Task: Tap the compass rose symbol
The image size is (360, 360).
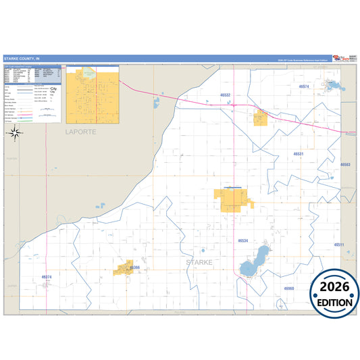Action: [x=14, y=132]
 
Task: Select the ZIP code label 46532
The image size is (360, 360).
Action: [x=226, y=95]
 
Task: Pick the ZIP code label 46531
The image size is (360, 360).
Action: [x=299, y=154]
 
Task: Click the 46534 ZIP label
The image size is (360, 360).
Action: [x=244, y=240]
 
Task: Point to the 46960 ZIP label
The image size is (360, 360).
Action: [x=289, y=288]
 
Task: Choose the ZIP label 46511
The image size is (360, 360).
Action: [x=339, y=245]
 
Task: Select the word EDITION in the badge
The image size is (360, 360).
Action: [x=334, y=303]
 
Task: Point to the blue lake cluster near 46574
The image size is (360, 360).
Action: [x=332, y=86]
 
